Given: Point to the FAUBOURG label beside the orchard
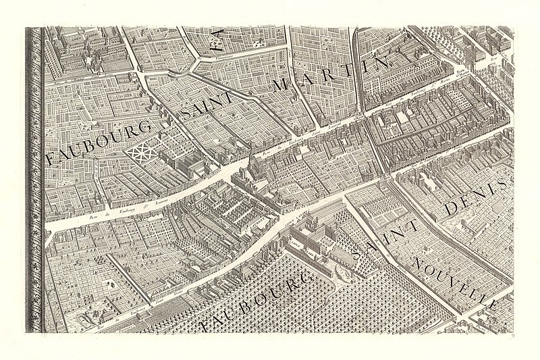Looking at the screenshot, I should pos(254,303).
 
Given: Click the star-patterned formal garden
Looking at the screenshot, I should pos(142,152).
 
